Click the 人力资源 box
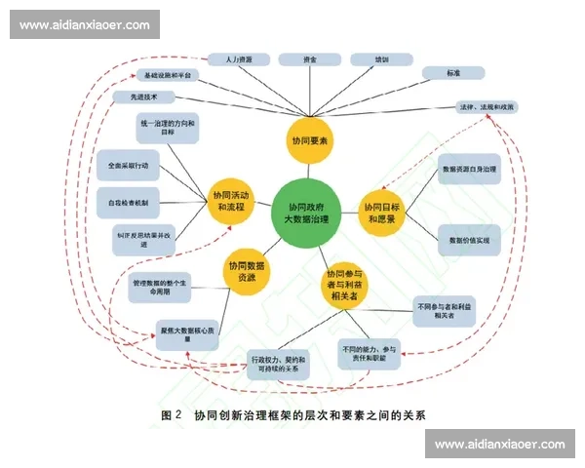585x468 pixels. point(232,59)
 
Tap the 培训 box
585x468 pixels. point(381,59)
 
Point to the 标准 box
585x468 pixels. point(454,73)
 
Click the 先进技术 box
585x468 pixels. point(143,97)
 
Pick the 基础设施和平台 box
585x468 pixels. point(172,74)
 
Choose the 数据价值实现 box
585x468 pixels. point(469,239)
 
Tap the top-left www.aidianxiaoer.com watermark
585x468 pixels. point(85,23)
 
